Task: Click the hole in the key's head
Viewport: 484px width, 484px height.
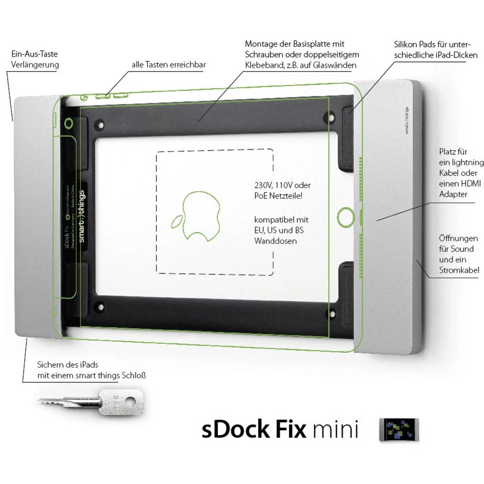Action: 131,401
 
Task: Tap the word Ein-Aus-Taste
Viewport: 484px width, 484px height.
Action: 31,54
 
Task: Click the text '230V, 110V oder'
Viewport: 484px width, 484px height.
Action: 282,186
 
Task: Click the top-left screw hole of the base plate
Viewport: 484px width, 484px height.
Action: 101,124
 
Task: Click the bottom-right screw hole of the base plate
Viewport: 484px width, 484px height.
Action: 332,305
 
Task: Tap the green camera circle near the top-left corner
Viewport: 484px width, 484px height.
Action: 69,124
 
